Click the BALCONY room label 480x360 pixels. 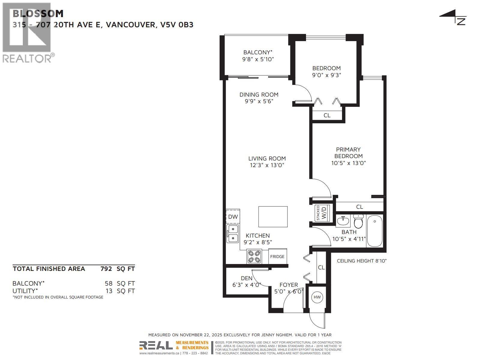click(257, 52)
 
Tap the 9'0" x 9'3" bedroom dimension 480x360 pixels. click(326, 75)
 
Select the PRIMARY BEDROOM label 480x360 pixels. click(348, 153)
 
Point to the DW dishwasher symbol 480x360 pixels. click(233, 217)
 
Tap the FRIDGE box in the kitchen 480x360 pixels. click(277, 256)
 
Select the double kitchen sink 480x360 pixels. click(233, 234)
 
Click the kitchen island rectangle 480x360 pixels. click(273, 217)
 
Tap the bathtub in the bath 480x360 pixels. click(374, 232)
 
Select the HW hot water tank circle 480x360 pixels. click(317, 297)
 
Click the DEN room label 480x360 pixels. click(247, 278)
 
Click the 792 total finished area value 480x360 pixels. click(106, 269)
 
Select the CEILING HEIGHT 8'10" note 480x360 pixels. click(361, 261)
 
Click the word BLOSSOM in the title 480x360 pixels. click(38, 13)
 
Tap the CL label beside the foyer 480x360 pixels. click(321, 267)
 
